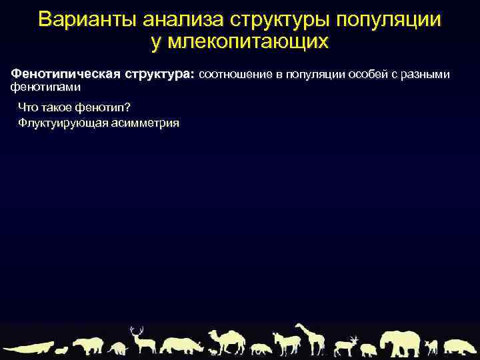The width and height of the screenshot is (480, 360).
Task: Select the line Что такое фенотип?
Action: pos(73,108)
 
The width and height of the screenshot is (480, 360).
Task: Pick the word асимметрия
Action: pos(147,123)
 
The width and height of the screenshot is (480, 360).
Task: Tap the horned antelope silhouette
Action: pos(347,345)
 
